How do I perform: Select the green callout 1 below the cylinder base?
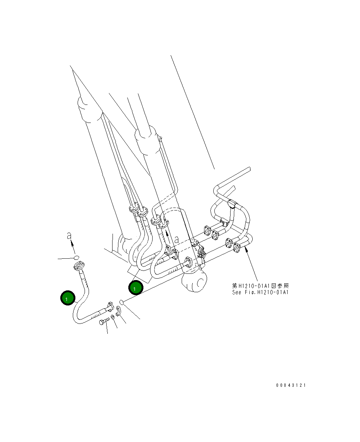pyautogui.click(x=135, y=288)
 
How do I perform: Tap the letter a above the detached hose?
pyautogui.click(x=69, y=236)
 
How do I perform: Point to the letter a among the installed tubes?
pyautogui.click(x=177, y=240)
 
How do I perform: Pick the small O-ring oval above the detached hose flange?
pyautogui.click(x=76, y=257)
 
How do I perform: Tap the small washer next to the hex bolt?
pyautogui.click(x=112, y=317)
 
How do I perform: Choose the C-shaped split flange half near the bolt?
pyautogui.click(x=118, y=311)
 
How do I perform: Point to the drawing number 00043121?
pyautogui.click(x=291, y=385)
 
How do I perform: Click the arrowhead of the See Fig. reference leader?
pyautogui.click(x=246, y=250)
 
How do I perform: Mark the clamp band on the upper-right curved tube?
pyautogui.click(x=232, y=203)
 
